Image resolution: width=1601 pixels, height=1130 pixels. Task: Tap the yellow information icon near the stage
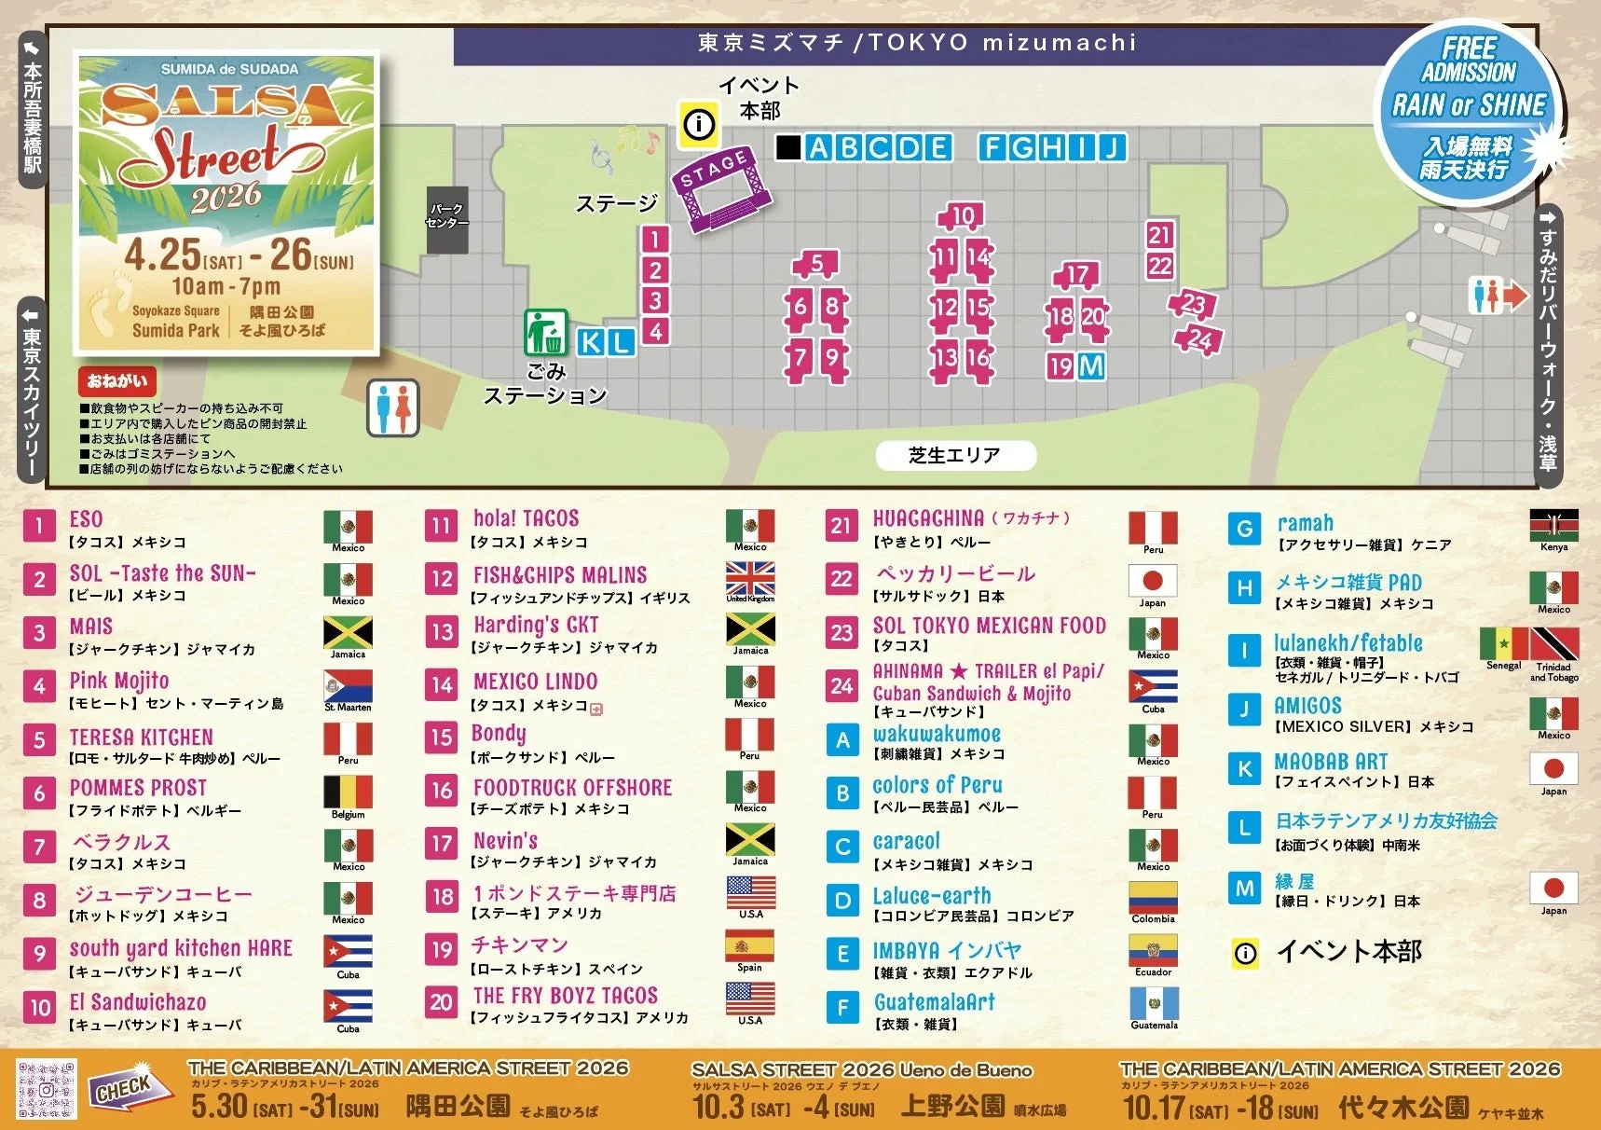point(698,124)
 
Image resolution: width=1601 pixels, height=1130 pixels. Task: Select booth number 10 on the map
point(962,216)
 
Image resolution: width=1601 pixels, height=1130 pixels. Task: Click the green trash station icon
point(545,332)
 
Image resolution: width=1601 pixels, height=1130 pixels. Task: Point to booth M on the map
point(1091,366)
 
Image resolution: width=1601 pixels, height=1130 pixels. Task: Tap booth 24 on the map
point(1199,339)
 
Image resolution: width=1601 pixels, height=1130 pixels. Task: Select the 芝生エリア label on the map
point(955,455)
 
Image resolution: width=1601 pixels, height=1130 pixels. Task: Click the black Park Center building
point(447,218)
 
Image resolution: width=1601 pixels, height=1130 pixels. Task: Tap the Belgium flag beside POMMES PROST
point(348,792)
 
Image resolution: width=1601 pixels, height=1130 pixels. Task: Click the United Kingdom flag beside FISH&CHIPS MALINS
point(750,579)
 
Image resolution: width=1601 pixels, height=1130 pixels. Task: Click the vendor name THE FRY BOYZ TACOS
point(565,995)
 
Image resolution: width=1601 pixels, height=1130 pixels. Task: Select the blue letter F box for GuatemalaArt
point(842,1007)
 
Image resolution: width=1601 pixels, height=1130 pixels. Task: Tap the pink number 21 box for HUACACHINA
point(842,526)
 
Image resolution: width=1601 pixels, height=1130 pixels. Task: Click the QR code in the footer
point(47,1088)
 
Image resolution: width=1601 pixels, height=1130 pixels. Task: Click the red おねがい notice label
point(117,380)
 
